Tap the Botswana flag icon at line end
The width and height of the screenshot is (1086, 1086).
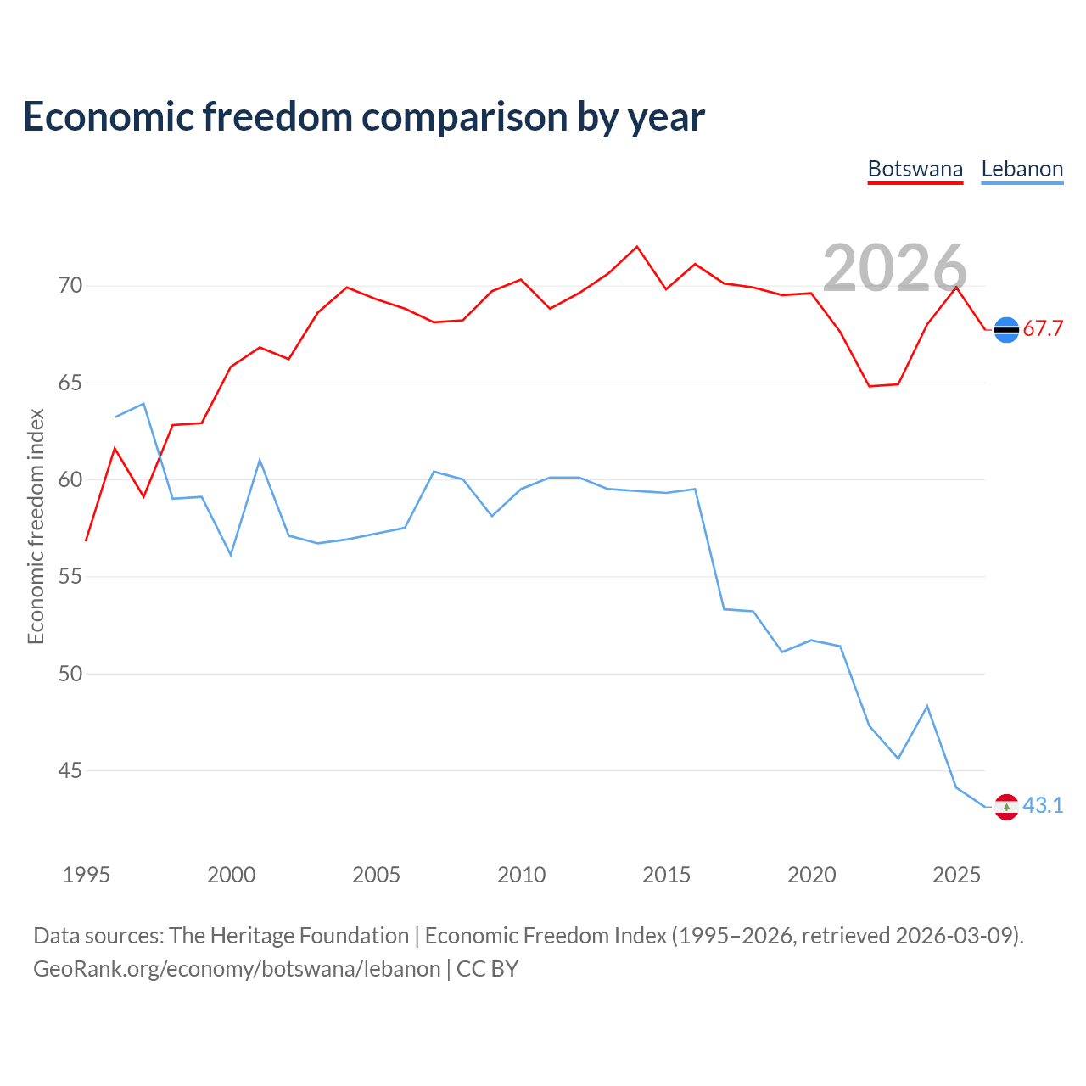coord(1006,330)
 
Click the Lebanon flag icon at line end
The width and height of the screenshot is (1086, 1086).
coord(1006,807)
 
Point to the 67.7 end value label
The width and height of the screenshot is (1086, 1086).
coord(1043,328)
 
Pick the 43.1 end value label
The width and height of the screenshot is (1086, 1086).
coord(1043,805)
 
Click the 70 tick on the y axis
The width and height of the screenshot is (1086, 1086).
coord(70,286)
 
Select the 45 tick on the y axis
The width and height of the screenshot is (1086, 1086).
coord(70,770)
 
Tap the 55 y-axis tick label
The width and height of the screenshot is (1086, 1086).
coord(70,577)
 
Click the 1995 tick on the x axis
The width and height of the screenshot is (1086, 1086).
coord(87,875)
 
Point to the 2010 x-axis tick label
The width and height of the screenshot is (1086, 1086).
coord(521,875)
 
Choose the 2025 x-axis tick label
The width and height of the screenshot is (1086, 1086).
coord(956,875)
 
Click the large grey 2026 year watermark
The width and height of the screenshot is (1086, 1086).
coord(895,268)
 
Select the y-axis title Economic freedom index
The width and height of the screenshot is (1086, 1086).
coord(36,526)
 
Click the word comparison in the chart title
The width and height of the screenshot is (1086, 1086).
coord(464,117)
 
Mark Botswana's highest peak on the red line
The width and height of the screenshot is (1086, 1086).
coord(637,247)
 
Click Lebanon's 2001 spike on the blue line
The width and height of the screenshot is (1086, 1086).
coord(260,459)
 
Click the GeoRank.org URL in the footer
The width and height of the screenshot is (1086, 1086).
coord(237,969)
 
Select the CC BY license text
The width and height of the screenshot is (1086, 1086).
coord(487,969)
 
